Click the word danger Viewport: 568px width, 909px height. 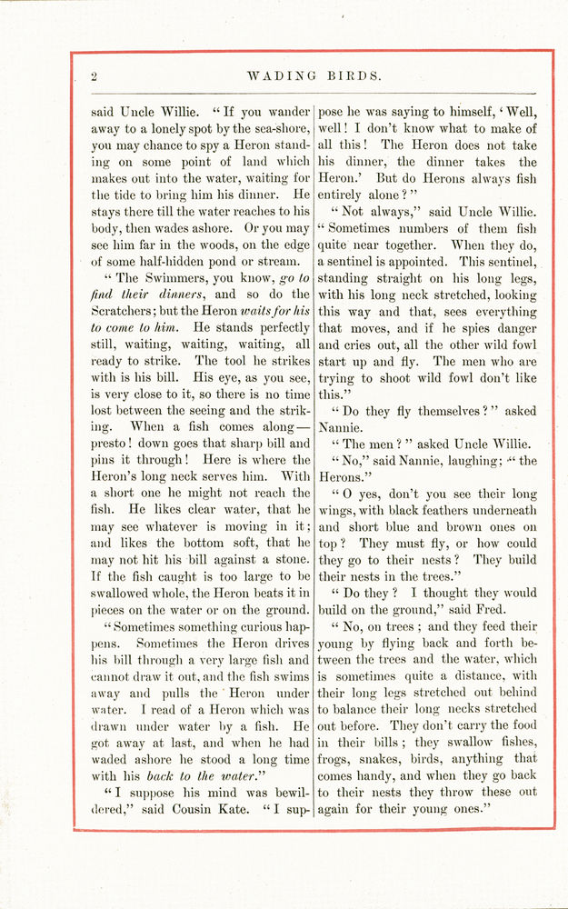click(x=513, y=328)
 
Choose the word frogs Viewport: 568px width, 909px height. click(x=340, y=759)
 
